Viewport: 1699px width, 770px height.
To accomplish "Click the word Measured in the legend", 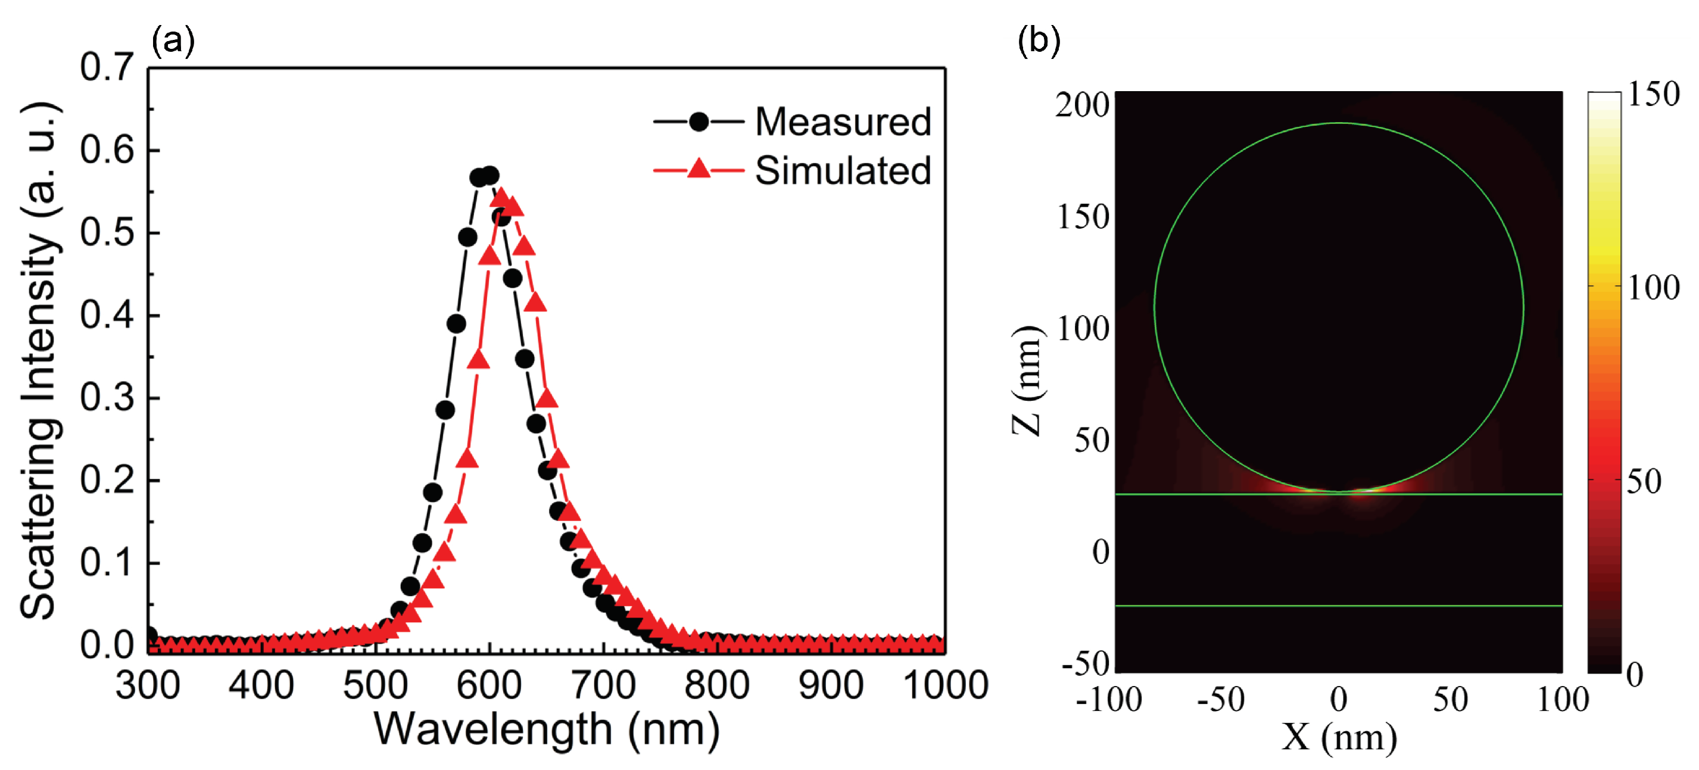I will tap(842, 122).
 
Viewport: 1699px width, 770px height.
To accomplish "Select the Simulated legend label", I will tap(842, 171).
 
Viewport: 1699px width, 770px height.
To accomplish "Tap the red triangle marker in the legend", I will tap(699, 170).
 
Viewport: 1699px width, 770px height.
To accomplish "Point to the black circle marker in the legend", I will tap(699, 122).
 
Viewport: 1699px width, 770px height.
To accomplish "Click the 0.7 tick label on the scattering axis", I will tap(107, 67).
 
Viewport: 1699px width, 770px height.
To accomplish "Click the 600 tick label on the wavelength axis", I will tap(489, 685).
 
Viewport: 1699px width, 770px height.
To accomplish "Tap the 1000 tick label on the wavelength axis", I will tap(944, 685).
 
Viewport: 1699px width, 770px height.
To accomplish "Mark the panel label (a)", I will tap(173, 41).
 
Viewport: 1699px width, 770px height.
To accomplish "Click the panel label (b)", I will tap(1039, 41).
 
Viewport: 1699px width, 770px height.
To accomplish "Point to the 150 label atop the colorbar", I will tap(1653, 94).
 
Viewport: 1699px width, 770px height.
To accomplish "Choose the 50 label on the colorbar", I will tap(1644, 482).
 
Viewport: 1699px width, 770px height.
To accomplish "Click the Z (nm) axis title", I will tap(1026, 381).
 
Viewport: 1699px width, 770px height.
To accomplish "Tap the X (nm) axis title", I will tap(1339, 737).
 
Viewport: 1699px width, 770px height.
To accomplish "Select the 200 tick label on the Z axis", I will tap(1081, 105).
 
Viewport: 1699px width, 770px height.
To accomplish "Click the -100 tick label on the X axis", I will tap(1108, 699).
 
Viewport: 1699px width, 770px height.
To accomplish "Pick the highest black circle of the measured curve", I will tap(490, 176).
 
